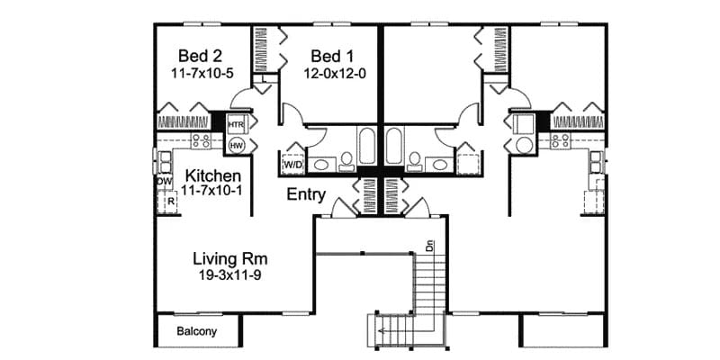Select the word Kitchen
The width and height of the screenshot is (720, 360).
(x=212, y=175)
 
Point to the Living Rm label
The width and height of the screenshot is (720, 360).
(x=229, y=259)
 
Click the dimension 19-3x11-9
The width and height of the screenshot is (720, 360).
(x=229, y=276)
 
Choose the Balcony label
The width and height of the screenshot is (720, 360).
(x=195, y=331)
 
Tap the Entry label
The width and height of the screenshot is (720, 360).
(x=306, y=193)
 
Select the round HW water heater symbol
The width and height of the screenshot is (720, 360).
(x=237, y=144)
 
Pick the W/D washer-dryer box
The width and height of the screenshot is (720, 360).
(x=293, y=165)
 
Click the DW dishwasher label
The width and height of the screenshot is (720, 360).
(x=164, y=182)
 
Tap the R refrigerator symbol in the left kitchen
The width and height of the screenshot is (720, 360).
(x=167, y=202)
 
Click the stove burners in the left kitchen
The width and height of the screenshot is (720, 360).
(x=202, y=140)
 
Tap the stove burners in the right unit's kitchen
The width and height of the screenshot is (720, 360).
(x=561, y=140)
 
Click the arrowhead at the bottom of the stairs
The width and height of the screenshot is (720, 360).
(x=382, y=331)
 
